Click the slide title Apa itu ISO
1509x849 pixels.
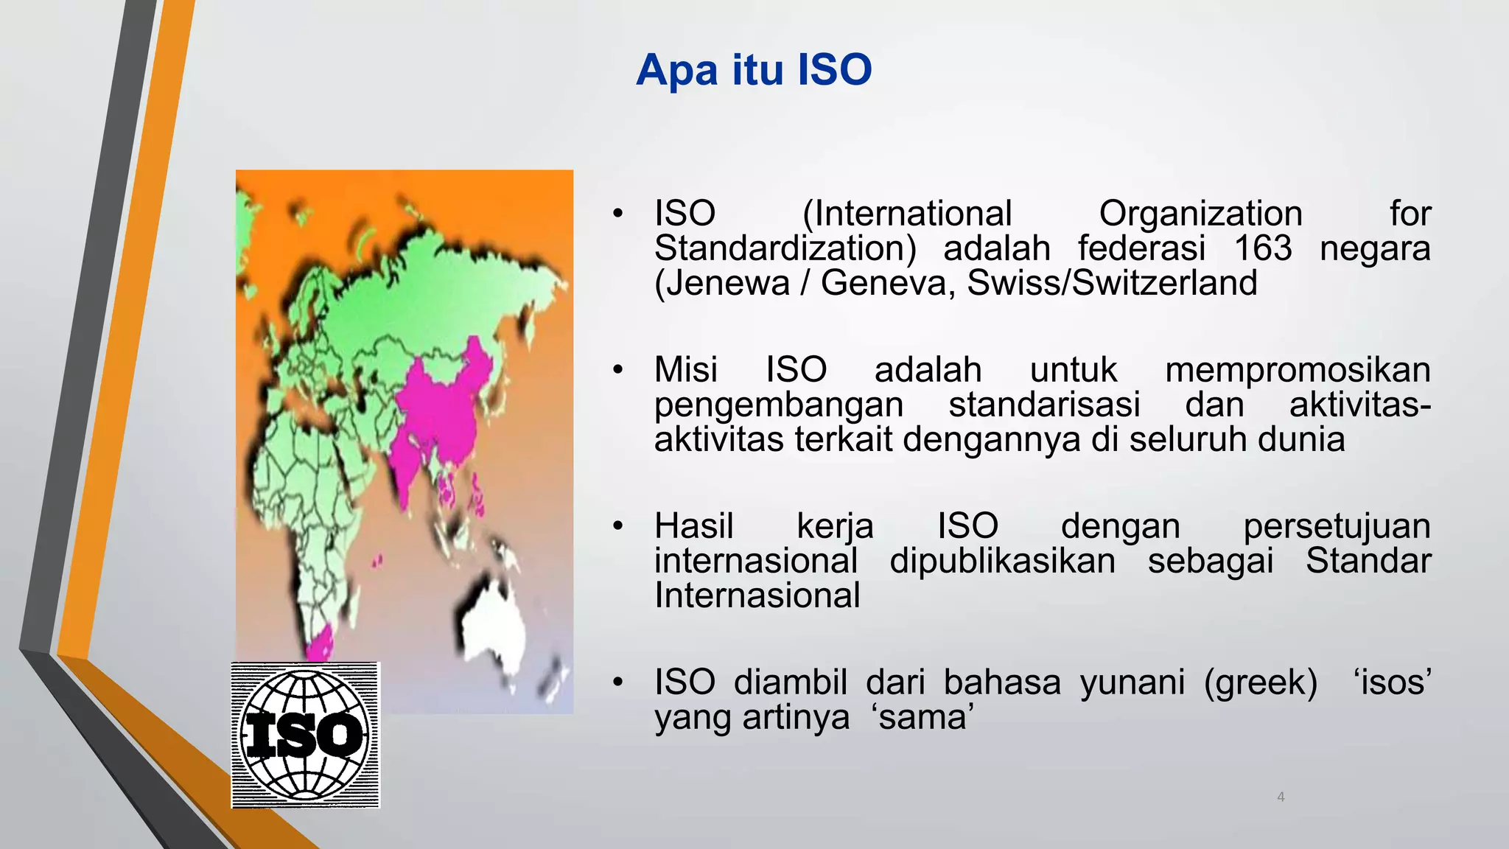[754, 71]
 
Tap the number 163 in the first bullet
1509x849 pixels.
[1263, 248]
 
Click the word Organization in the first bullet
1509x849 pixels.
[1200, 214]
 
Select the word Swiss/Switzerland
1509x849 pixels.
[1112, 284]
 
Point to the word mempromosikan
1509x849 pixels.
[1298, 370]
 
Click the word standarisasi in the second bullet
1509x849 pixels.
[1044, 405]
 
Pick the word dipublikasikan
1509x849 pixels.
[1002, 561]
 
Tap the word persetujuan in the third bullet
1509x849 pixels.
[1337, 526]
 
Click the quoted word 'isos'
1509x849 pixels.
[1393, 682]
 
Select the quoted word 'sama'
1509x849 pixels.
[923, 717]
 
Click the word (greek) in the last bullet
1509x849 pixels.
[1261, 682]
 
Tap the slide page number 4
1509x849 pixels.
[1281, 797]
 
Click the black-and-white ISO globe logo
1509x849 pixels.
[305, 735]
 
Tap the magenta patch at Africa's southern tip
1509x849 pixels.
[320, 644]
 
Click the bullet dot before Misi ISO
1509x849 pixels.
[617, 370]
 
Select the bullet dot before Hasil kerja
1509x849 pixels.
[617, 526]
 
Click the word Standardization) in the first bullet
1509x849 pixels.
[785, 248]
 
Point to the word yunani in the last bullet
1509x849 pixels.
[1132, 682]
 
